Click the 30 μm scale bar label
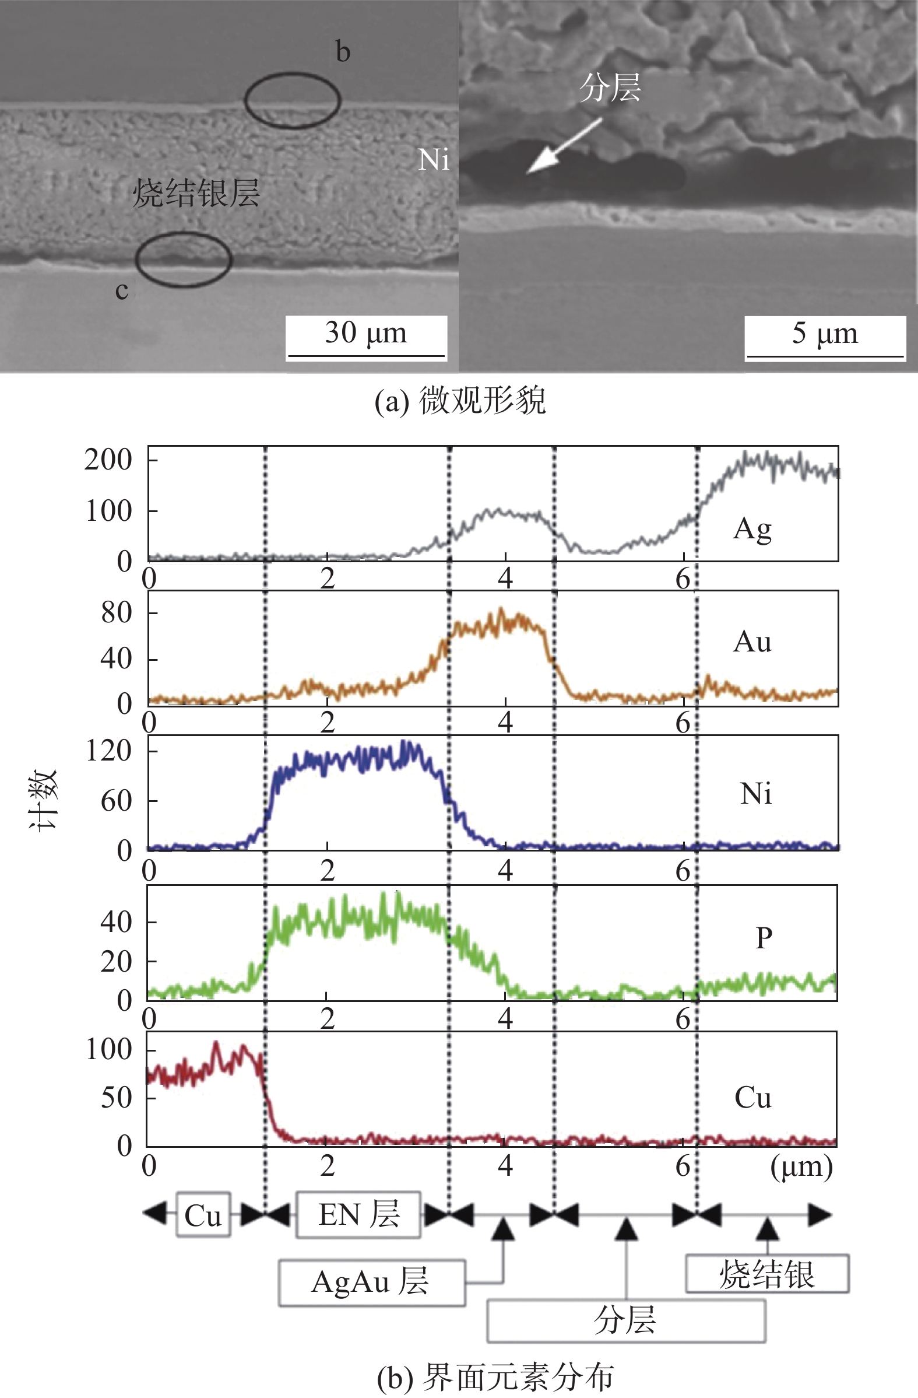click(x=365, y=333)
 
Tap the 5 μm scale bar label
click(x=825, y=333)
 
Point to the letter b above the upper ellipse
click(x=343, y=52)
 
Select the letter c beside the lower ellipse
click(x=121, y=290)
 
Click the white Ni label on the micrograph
click(x=433, y=160)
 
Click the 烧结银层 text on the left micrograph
click(x=195, y=193)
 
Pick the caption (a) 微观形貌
click(x=460, y=402)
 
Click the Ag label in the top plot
click(x=752, y=529)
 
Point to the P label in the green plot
click(x=763, y=938)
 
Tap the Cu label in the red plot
click(x=752, y=1097)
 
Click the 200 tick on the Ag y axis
click(x=108, y=460)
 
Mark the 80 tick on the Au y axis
click(x=116, y=612)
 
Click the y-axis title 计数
click(x=44, y=799)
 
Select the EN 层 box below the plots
click(x=358, y=1215)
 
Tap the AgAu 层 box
click(x=371, y=1282)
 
